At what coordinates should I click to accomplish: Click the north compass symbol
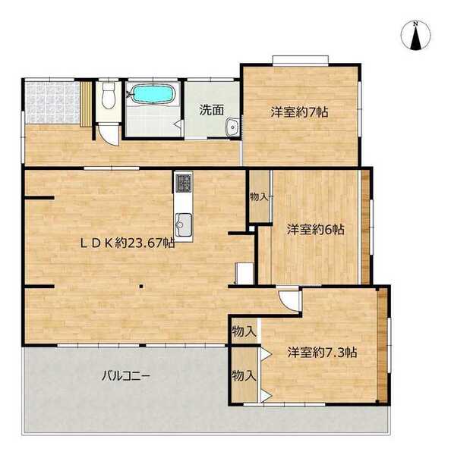[x=415, y=36]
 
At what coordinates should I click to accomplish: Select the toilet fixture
[x=109, y=96]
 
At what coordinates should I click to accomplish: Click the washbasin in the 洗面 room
[x=232, y=127]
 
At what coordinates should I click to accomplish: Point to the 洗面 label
[x=212, y=110]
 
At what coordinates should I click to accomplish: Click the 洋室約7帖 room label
[x=300, y=112]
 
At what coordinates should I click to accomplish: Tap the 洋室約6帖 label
[x=316, y=229]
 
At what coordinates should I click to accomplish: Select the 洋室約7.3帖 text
[x=322, y=353]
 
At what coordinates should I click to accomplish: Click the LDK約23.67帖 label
[x=128, y=243]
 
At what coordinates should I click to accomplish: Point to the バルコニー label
[x=126, y=376]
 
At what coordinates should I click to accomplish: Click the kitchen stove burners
[x=183, y=183]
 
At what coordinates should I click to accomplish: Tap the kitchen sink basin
[x=183, y=224]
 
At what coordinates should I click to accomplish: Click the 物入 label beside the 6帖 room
[x=259, y=197]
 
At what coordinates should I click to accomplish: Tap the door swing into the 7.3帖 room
[x=289, y=300]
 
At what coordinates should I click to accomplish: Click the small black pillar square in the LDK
[x=141, y=287]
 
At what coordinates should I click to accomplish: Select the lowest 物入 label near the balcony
[x=244, y=376]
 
